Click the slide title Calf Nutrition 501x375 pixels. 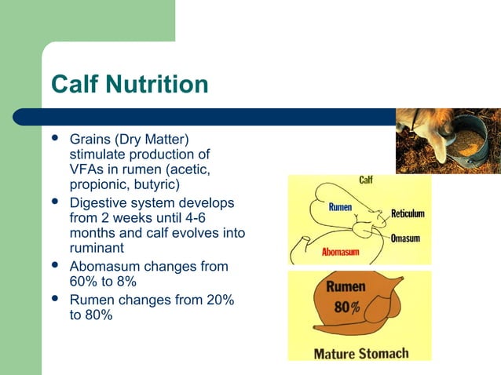click(130, 84)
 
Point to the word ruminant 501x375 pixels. click(99, 249)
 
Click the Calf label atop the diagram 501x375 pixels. click(366, 180)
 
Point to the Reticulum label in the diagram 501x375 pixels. click(408, 213)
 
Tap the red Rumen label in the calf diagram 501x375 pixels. click(339, 207)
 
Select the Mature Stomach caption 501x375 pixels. click(360, 352)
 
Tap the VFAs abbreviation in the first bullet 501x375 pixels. click(86, 169)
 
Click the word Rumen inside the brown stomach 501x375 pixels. click(346, 287)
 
